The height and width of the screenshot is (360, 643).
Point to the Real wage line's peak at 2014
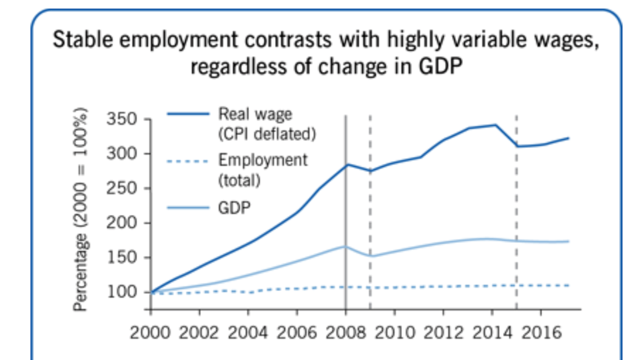click(x=495, y=125)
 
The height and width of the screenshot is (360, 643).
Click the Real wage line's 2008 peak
click(x=347, y=165)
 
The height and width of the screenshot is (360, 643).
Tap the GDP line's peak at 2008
click(x=346, y=247)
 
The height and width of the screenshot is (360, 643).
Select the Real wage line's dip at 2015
click(x=517, y=146)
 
